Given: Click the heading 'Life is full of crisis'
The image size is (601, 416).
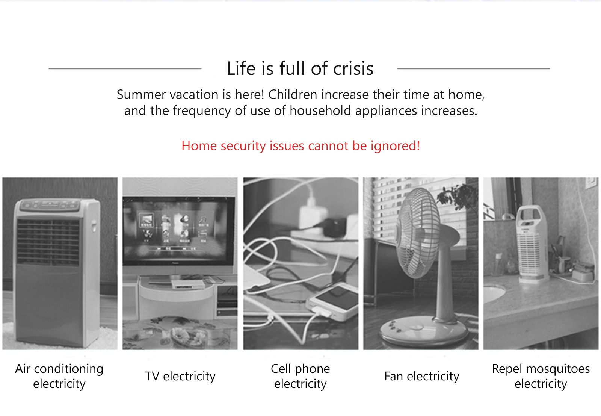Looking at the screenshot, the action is tap(300, 68).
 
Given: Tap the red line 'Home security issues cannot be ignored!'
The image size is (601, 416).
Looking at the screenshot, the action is tap(300, 146).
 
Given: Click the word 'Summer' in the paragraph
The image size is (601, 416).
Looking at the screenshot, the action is tap(141, 95).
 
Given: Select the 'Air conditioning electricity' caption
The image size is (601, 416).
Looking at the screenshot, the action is tap(59, 376).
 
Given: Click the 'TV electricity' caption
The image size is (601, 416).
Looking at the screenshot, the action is tap(180, 376).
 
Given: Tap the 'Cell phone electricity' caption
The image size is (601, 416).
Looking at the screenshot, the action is tap(300, 376).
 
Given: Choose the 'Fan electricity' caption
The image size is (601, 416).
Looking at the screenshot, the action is tap(421, 376).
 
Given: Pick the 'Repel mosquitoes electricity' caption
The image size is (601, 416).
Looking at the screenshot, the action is tap(541, 376).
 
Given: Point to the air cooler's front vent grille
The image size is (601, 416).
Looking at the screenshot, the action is tap(48, 242).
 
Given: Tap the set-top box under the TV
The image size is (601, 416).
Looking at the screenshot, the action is tap(188, 284).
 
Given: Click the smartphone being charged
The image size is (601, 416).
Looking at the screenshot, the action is tap(333, 302).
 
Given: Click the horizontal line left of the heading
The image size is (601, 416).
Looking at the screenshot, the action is tap(125, 69).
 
